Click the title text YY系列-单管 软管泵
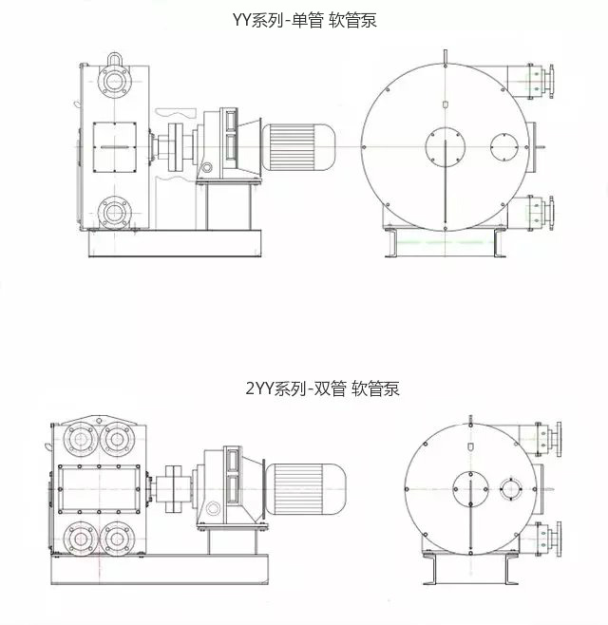[305, 20]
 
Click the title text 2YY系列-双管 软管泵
[323, 388]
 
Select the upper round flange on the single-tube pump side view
[115, 81]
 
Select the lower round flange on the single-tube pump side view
[115, 213]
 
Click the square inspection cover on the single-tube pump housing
[115, 147]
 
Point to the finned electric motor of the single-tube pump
[298, 147]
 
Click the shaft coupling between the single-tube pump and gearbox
[174, 147]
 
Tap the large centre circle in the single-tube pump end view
[446, 147]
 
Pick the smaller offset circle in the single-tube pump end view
[504, 147]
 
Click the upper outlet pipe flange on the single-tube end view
[551, 82]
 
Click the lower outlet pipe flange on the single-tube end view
[551, 213]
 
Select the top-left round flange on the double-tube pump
[81, 439]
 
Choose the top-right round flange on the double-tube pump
[117, 439]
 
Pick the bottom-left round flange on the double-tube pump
[81, 539]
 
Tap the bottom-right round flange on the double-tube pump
[117, 539]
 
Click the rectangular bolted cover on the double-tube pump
[99, 489]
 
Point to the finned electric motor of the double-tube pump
[305, 489]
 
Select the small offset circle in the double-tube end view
[511, 489]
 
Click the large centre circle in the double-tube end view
[471, 489]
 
